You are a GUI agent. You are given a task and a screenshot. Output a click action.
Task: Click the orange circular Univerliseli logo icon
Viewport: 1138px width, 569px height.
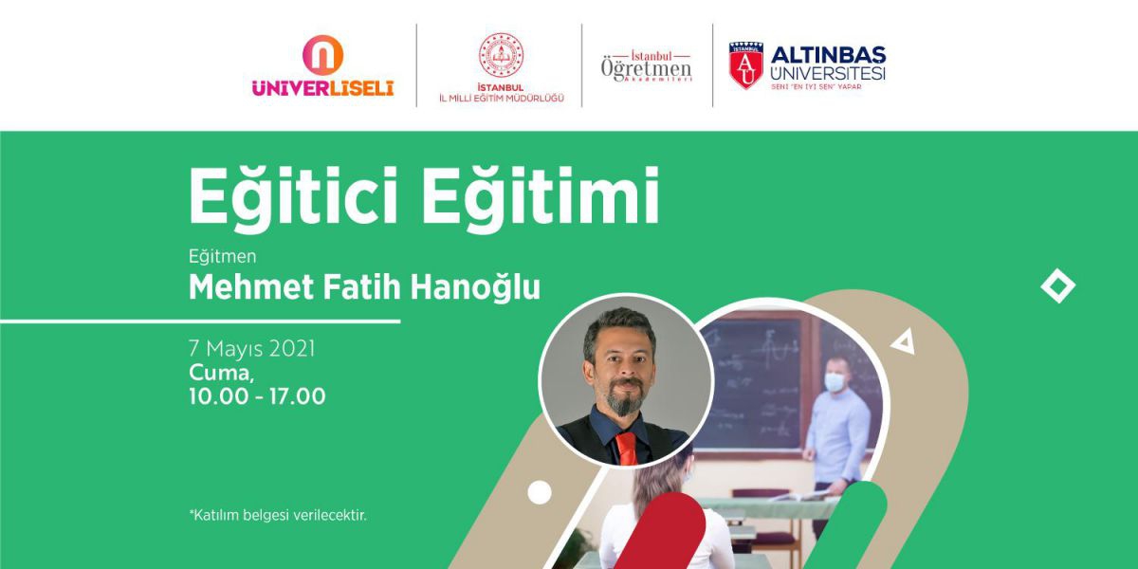[x=322, y=55]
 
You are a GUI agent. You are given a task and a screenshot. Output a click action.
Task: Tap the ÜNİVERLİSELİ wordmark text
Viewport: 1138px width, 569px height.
[x=322, y=88]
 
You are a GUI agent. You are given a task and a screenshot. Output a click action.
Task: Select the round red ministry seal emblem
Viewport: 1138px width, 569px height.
[x=501, y=55]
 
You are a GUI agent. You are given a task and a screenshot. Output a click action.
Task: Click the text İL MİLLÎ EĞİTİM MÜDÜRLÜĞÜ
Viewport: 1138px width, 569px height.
[x=502, y=98]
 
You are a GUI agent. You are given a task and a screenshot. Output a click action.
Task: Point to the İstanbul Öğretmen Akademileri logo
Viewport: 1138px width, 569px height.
[x=646, y=66]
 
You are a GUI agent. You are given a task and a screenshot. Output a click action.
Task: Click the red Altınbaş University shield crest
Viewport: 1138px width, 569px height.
[x=746, y=65]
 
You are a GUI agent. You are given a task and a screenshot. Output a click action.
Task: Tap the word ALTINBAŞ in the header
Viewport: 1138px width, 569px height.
[x=828, y=55]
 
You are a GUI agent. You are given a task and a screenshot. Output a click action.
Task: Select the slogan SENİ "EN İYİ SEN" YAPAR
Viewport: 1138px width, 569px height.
[x=817, y=87]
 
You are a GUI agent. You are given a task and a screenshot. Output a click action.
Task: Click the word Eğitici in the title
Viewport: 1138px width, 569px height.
[x=293, y=195]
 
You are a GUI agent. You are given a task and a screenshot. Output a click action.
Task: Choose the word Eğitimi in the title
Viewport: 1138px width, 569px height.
[x=541, y=195]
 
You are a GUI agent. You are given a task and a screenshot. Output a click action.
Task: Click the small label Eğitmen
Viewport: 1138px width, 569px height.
[x=223, y=257]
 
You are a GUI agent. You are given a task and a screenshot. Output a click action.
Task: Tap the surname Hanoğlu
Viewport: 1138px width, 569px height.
[x=475, y=287]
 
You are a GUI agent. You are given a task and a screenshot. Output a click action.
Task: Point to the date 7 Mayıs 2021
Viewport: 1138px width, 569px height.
[x=252, y=349]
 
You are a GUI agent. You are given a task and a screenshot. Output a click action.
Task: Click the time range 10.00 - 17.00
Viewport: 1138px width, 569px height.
[x=257, y=396]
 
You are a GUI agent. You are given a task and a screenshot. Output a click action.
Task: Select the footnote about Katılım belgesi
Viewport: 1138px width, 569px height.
[x=277, y=515]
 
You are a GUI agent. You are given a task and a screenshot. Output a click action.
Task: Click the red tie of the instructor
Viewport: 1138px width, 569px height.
[x=627, y=448]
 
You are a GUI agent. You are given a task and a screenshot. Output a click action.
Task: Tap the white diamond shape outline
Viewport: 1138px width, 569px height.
[x=1057, y=286]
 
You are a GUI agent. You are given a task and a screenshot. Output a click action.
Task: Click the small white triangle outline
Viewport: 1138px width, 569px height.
[x=904, y=342]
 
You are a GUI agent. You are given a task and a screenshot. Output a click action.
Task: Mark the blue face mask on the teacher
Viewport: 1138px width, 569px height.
[x=835, y=382]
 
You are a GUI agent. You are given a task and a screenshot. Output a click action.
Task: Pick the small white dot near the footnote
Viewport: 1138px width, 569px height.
[x=540, y=492]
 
